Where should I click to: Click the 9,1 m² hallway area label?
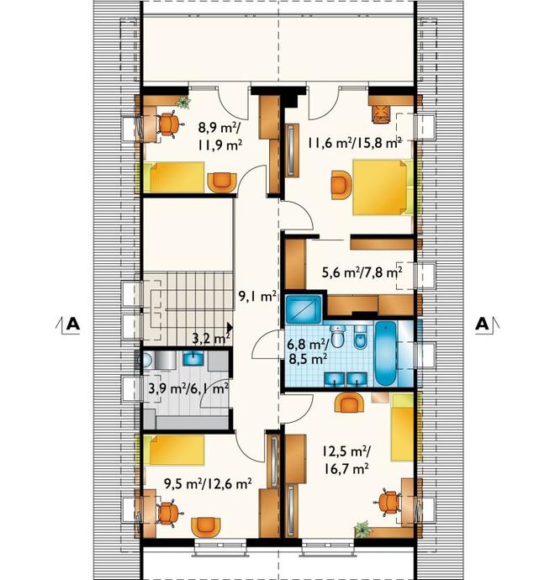click(x=258, y=296)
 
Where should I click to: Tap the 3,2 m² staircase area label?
click(x=212, y=338)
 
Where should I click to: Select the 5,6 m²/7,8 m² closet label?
click(x=362, y=273)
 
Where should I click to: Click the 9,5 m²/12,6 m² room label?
click(x=208, y=483)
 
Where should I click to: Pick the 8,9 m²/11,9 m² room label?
click(x=220, y=136)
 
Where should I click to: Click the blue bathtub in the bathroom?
click(x=386, y=353)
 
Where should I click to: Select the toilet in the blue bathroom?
click(x=336, y=336)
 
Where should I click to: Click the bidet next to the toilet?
click(x=360, y=336)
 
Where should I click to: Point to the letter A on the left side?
click(x=72, y=324)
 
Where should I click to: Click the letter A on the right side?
click(x=482, y=324)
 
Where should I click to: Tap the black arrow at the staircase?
click(x=230, y=327)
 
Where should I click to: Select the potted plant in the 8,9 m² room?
click(x=182, y=102)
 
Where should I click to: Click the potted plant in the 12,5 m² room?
click(x=362, y=529)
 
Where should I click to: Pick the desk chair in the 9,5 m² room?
click(x=168, y=512)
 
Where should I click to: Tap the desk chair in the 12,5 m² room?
click(x=388, y=503)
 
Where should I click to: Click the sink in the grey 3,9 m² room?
click(x=193, y=358)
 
